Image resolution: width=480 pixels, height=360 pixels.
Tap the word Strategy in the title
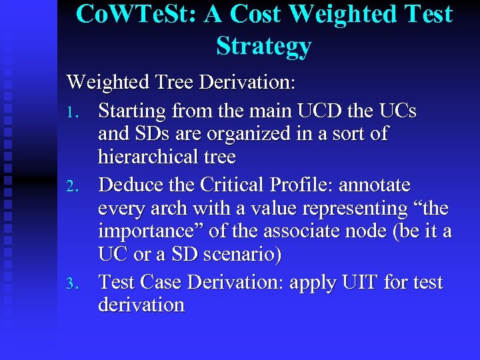264,45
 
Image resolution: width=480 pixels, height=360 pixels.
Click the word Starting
132,110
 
